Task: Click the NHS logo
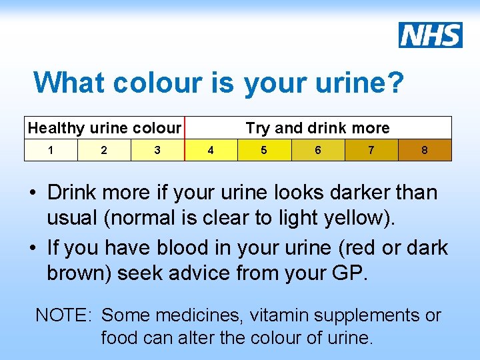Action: click(431, 35)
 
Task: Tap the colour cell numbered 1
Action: click(51, 150)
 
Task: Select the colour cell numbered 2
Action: click(104, 150)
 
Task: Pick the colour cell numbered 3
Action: click(157, 150)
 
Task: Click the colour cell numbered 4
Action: click(211, 150)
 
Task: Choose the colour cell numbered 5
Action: click(264, 150)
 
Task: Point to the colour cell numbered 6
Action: click(318, 150)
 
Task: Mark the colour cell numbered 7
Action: click(371, 150)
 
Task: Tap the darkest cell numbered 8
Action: click(425, 150)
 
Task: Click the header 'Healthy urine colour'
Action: click(105, 128)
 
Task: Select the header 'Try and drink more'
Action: click(318, 128)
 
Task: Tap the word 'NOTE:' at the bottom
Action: click(64, 315)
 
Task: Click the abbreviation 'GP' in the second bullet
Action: click(347, 272)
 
